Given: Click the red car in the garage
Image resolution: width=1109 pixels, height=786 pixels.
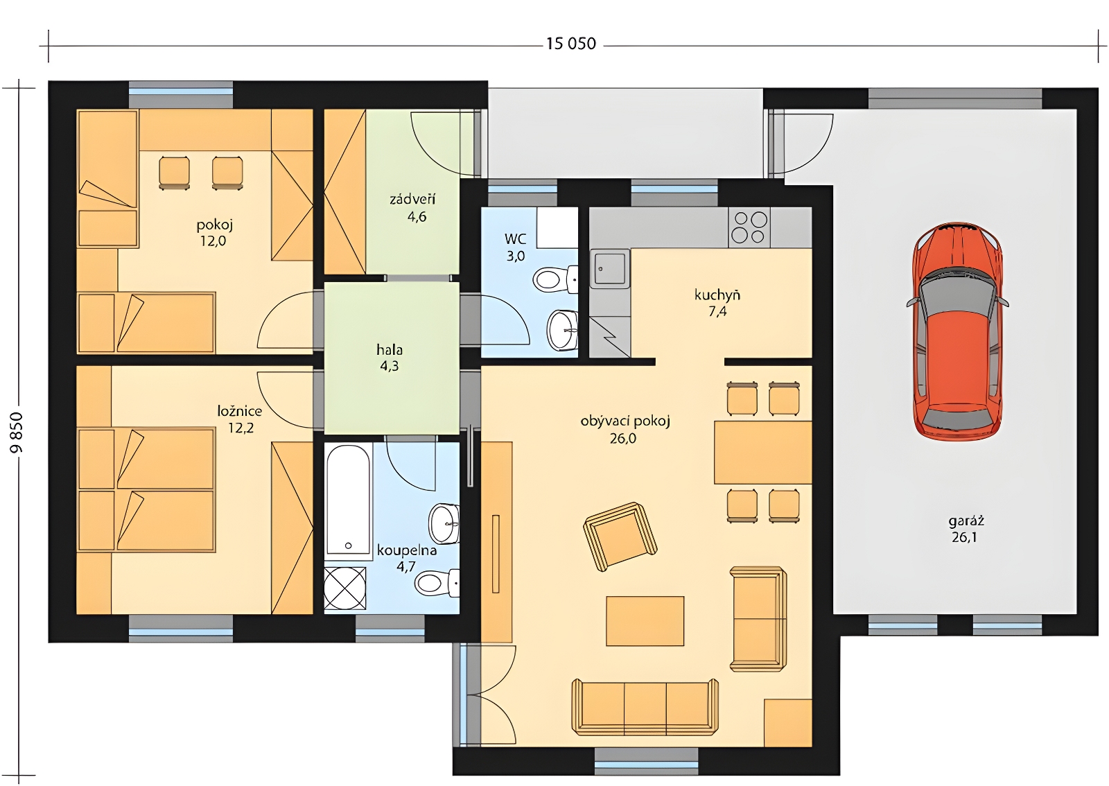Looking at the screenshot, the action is pyautogui.click(x=957, y=331).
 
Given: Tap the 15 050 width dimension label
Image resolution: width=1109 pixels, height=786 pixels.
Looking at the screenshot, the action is pyautogui.click(x=571, y=44).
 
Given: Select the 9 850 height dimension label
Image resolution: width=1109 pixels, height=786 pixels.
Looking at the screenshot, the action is pyautogui.click(x=17, y=433).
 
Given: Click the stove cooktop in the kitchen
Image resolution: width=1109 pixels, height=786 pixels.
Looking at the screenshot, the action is pyautogui.click(x=749, y=227).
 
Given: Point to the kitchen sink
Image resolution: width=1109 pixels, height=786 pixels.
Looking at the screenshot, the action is pyautogui.click(x=609, y=269).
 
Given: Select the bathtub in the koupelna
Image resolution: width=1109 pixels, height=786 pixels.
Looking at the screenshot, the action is pyautogui.click(x=348, y=500).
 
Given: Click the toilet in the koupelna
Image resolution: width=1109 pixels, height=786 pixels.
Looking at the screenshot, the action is pyautogui.click(x=437, y=584).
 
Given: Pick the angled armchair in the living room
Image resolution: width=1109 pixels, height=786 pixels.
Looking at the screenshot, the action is pyautogui.click(x=620, y=536).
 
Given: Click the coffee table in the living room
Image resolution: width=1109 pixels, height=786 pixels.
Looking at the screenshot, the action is pyautogui.click(x=645, y=620).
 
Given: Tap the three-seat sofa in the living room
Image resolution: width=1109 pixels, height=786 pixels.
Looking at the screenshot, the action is pyautogui.click(x=645, y=706).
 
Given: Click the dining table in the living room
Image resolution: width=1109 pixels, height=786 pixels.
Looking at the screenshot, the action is pyautogui.click(x=763, y=453).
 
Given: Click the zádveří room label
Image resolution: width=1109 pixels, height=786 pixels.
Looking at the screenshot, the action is pyautogui.click(x=412, y=200).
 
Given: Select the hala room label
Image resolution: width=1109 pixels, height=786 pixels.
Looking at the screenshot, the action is pyautogui.click(x=390, y=350).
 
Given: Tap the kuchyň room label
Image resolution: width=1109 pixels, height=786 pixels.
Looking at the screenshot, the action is pyautogui.click(x=717, y=295).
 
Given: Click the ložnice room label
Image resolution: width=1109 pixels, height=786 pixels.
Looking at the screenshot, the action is pyautogui.click(x=240, y=411).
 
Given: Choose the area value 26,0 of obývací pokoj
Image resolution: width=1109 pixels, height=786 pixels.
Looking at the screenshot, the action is pyautogui.click(x=623, y=439).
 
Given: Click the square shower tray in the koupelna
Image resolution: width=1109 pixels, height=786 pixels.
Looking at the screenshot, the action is pyautogui.click(x=345, y=588).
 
